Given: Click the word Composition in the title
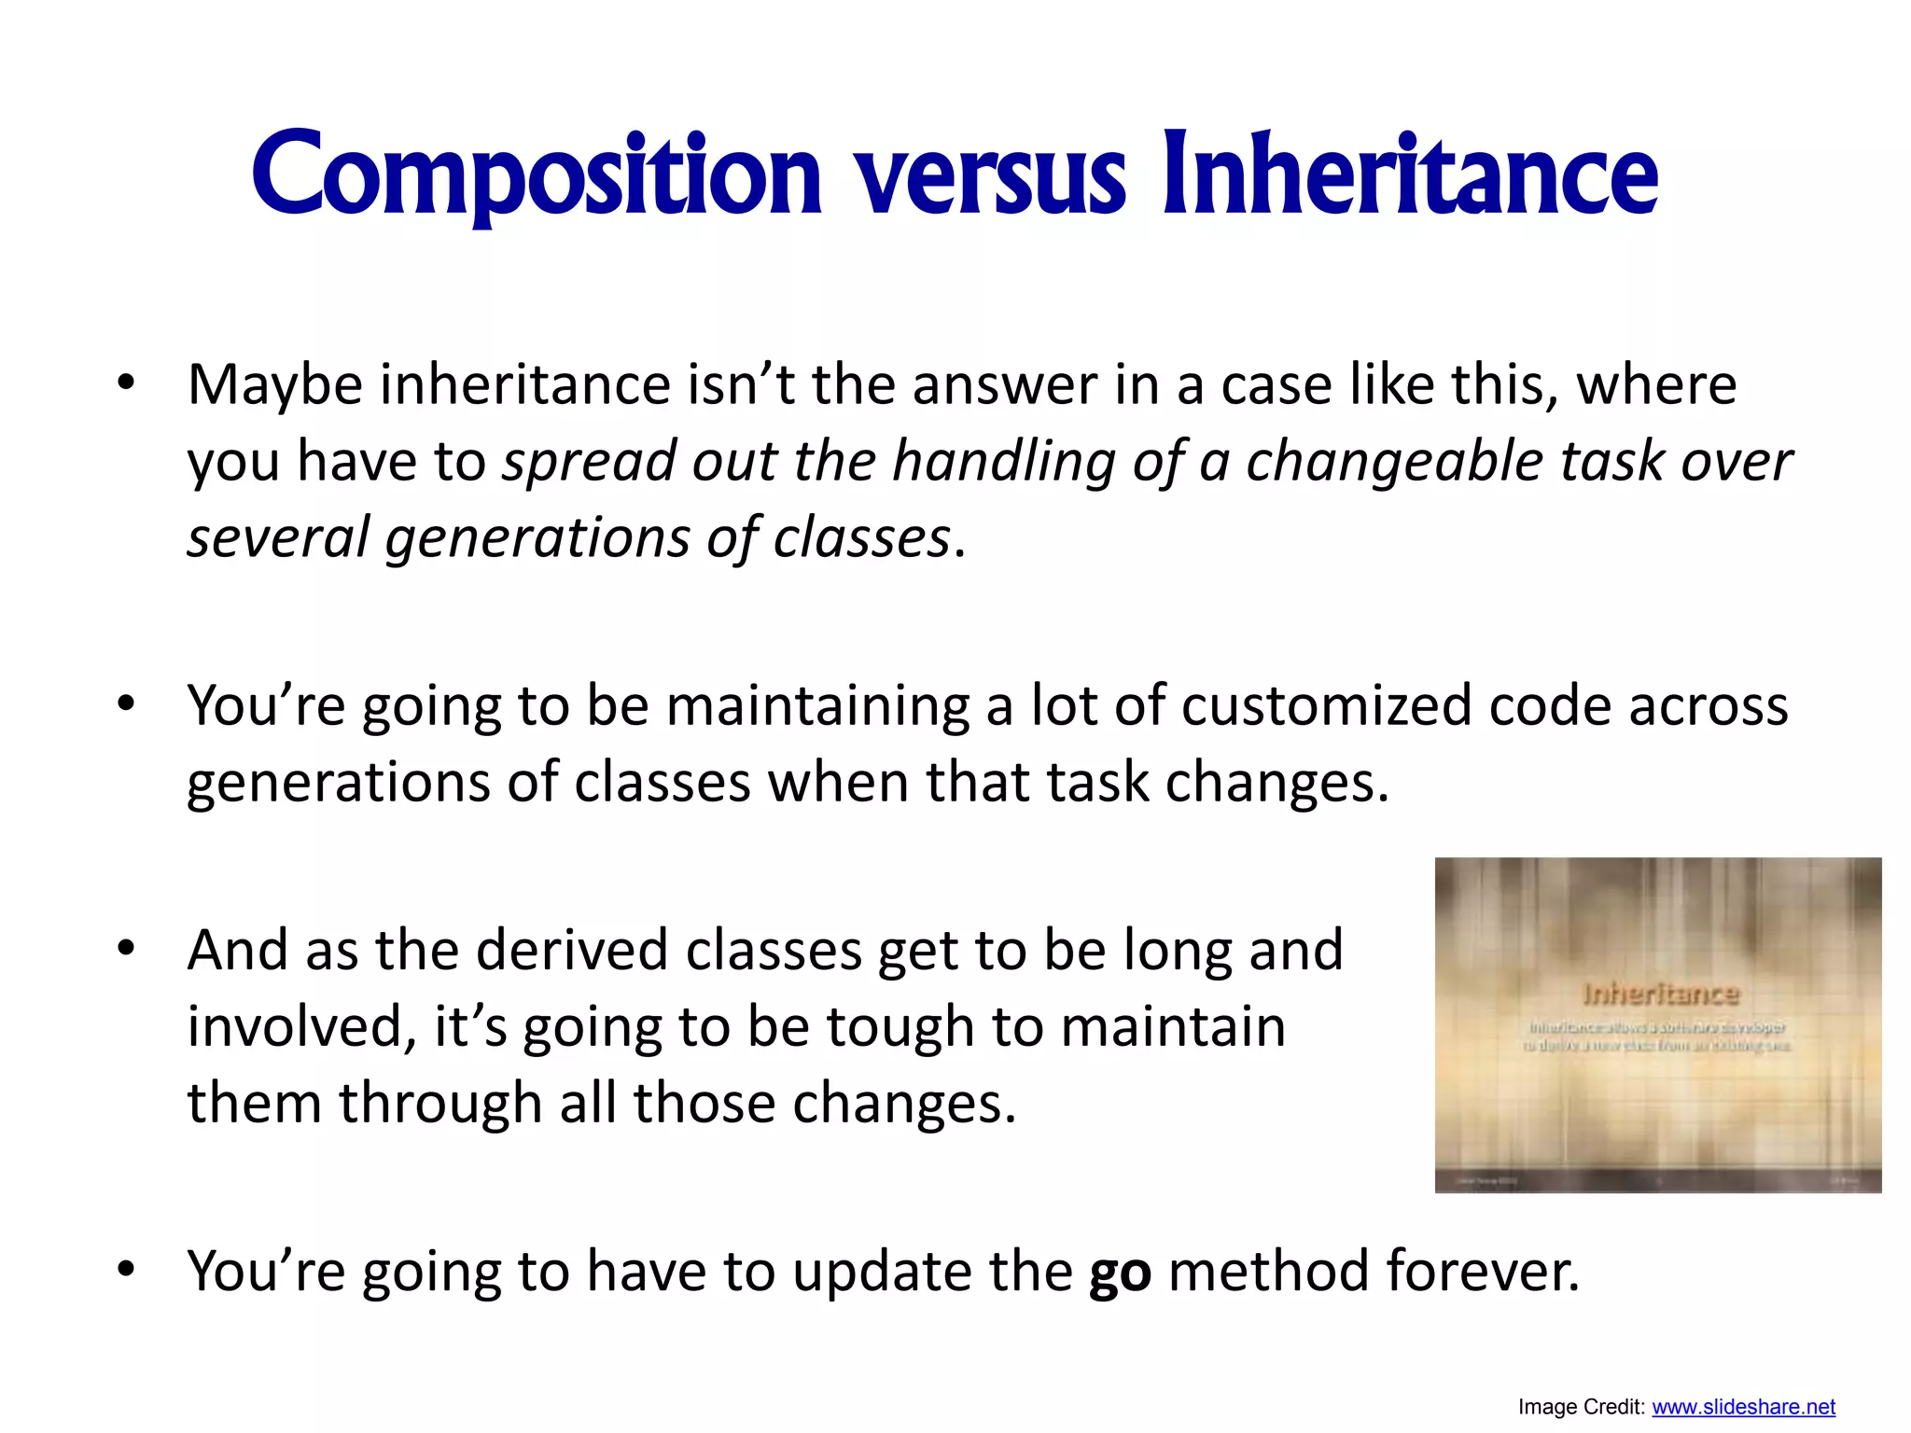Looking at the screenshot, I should pos(537,175).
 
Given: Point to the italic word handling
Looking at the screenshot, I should pos(1004,462).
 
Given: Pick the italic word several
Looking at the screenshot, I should pos(278,538).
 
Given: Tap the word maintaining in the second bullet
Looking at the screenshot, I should pos(817,706).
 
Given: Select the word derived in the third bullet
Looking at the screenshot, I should pos(573,951).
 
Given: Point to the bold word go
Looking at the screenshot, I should pos(1120,1273).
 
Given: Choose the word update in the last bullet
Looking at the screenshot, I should pos(882,1272).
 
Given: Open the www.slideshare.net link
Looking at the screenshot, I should pos(1743,1407).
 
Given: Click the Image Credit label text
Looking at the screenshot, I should pos(1581,1407).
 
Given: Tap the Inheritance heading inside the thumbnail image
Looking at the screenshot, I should pos(1661,995).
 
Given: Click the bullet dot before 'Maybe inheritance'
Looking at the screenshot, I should pos(127,383).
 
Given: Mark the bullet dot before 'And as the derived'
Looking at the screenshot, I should pos(127,949).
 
